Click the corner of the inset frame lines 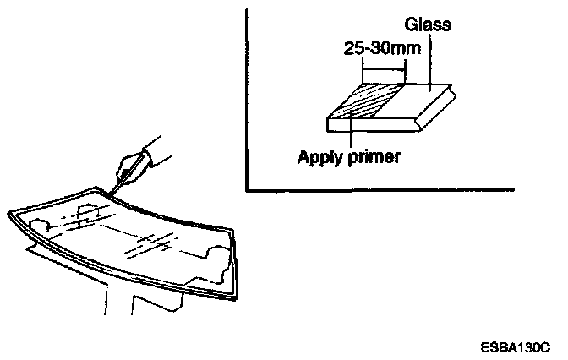[x=247, y=188]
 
